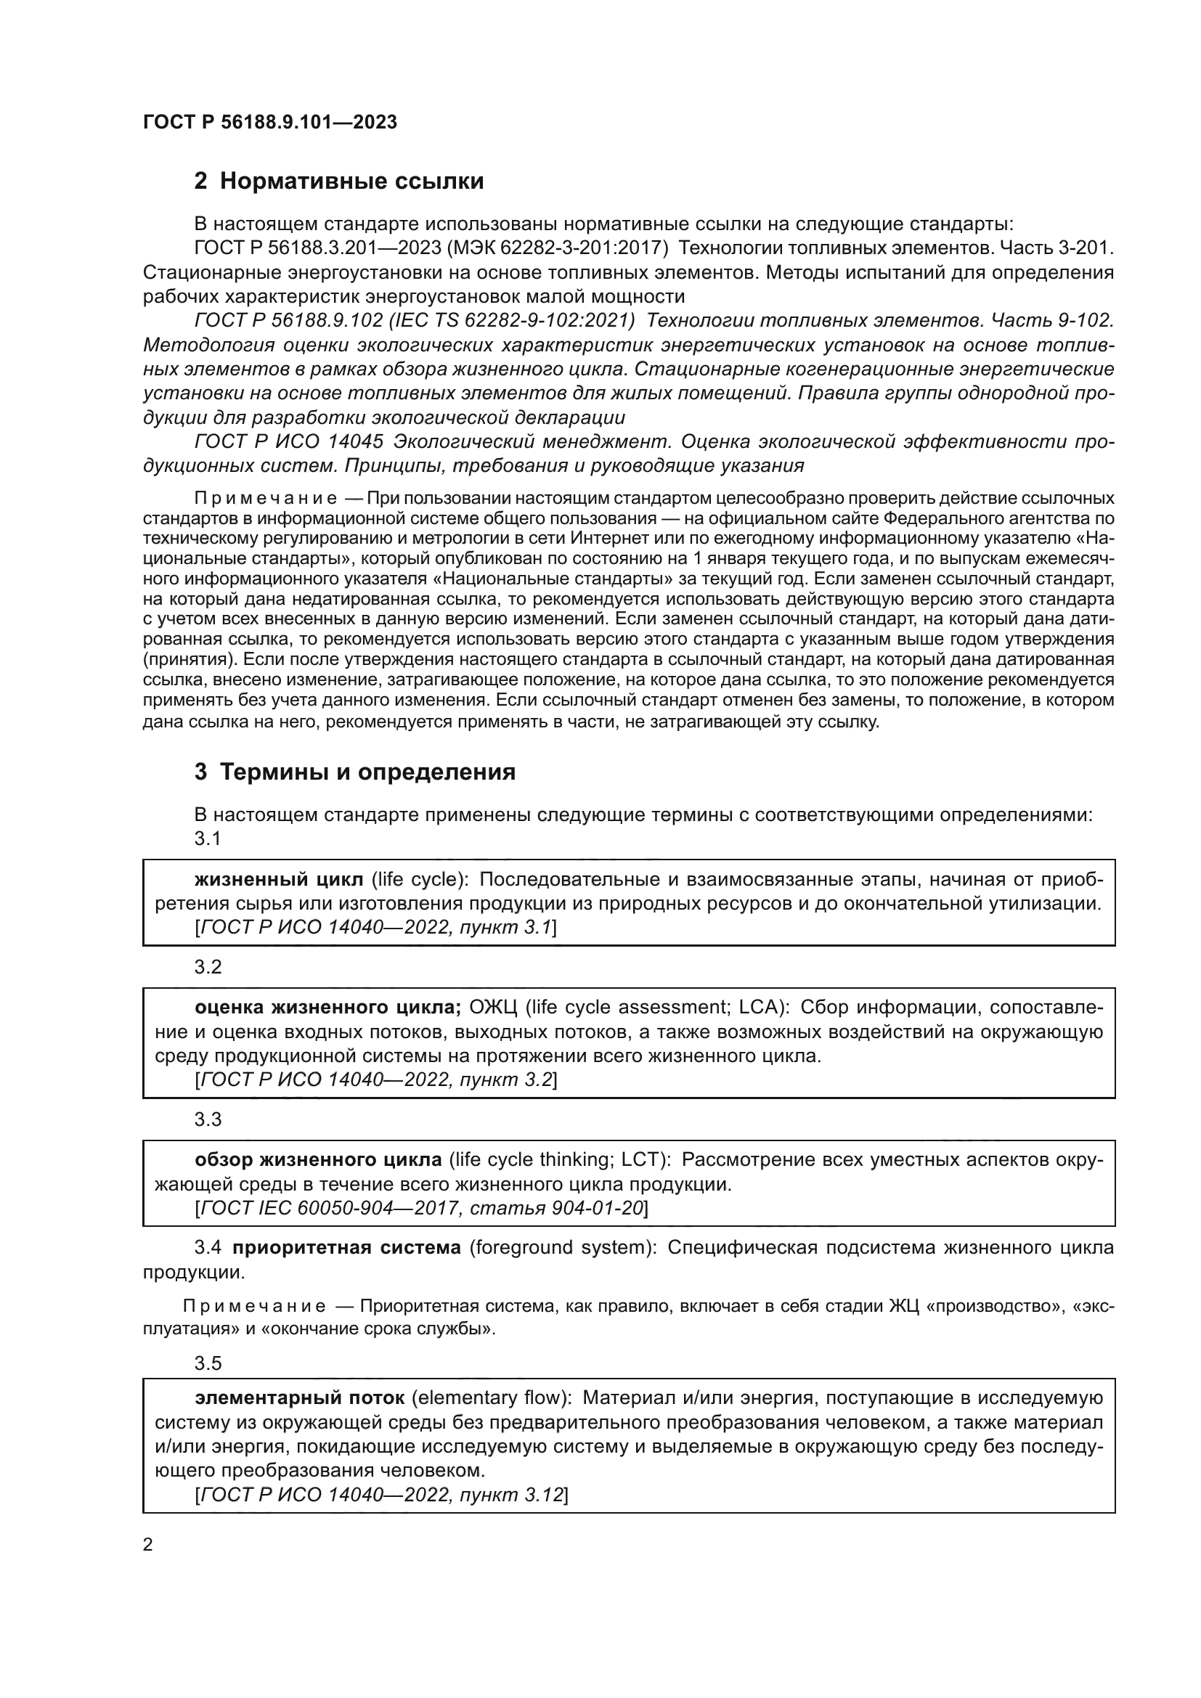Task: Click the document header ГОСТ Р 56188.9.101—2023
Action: pos(270,122)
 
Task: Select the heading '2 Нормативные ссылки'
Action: pos(338,181)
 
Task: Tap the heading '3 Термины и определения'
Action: pos(355,772)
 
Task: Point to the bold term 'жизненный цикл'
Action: pos(279,879)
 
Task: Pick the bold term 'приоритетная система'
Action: pos(346,1248)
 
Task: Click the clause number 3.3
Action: pos(208,1119)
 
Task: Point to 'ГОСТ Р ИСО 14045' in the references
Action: pos(288,441)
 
